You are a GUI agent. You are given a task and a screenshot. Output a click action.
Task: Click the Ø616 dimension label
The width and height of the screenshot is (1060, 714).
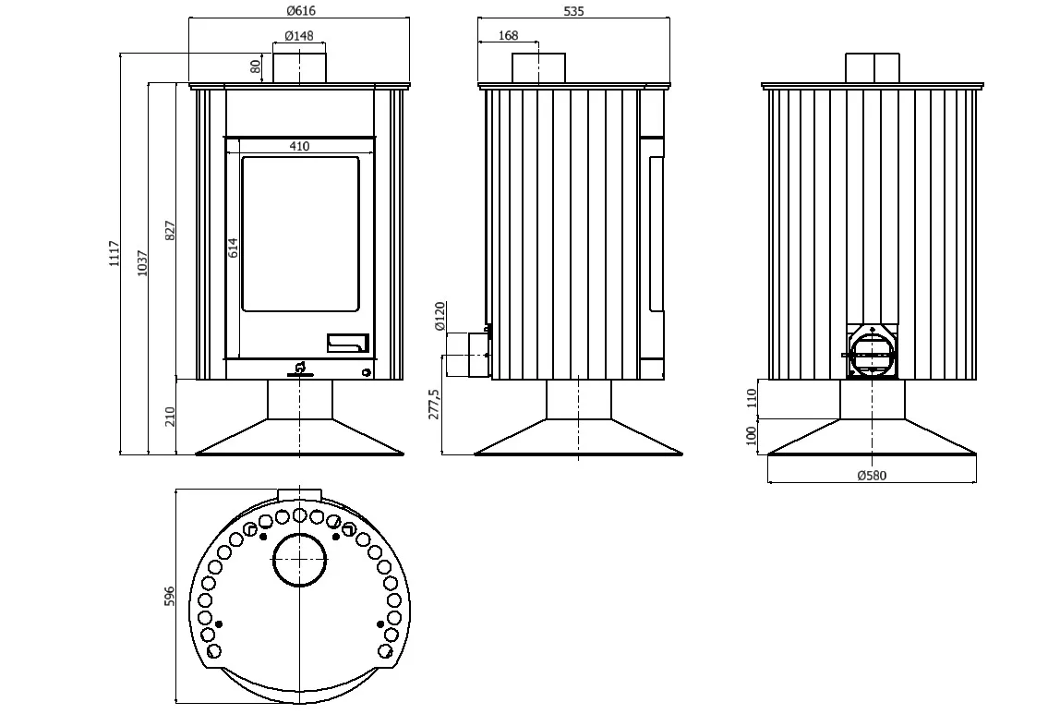[300, 10]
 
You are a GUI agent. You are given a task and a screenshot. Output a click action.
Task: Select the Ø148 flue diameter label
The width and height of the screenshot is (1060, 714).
[299, 35]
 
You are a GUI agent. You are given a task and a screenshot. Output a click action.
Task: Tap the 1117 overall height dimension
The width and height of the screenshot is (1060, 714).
[114, 253]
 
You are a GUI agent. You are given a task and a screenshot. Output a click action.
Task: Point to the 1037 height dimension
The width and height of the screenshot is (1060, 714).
[142, 263]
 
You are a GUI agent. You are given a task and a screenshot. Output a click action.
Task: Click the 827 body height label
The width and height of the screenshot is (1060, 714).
[170, 230]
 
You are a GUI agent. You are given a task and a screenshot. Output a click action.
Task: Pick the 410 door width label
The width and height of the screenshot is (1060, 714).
[299, 146]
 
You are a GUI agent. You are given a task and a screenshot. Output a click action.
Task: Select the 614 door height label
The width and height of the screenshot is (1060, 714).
[234, 248]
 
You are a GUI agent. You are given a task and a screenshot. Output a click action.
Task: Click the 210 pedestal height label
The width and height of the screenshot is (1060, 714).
[170, 416]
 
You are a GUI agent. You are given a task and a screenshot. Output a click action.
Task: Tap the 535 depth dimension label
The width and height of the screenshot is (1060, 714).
[573, 11]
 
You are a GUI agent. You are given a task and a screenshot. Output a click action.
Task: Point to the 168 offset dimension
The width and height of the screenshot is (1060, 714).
[509, 35]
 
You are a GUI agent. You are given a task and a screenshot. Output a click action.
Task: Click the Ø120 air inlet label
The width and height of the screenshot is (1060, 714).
[440, 317]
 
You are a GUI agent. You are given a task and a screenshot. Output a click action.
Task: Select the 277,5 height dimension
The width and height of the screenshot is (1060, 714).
[434, 405]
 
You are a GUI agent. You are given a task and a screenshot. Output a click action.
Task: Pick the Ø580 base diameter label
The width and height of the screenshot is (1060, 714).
[872, 476]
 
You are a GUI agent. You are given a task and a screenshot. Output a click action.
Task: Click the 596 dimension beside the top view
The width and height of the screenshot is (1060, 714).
[170, 596]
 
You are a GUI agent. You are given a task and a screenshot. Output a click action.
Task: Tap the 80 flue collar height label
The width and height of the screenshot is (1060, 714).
[255, 67]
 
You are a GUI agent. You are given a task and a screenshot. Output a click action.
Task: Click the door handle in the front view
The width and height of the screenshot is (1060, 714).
[348, 344]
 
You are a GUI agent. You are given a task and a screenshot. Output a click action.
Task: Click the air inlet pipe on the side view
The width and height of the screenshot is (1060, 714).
[468, 354]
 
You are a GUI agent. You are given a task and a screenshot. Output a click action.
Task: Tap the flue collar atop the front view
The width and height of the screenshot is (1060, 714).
[299, 69]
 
